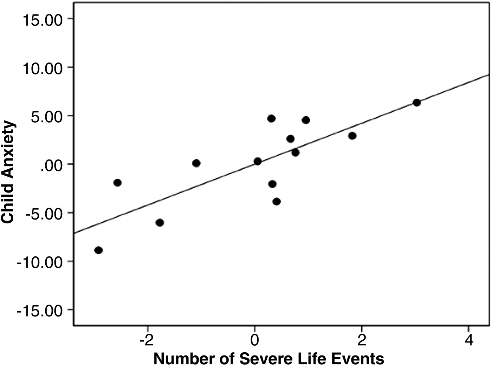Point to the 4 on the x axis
click(468, 340)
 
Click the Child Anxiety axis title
click(8, 172)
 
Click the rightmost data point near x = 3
click(416, 103)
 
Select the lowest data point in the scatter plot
click(98, 250)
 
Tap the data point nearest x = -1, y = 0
click(196, 163)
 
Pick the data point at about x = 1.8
click(352, 136)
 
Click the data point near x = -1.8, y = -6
click(160, 222)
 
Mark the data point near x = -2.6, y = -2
click(118, 182)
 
